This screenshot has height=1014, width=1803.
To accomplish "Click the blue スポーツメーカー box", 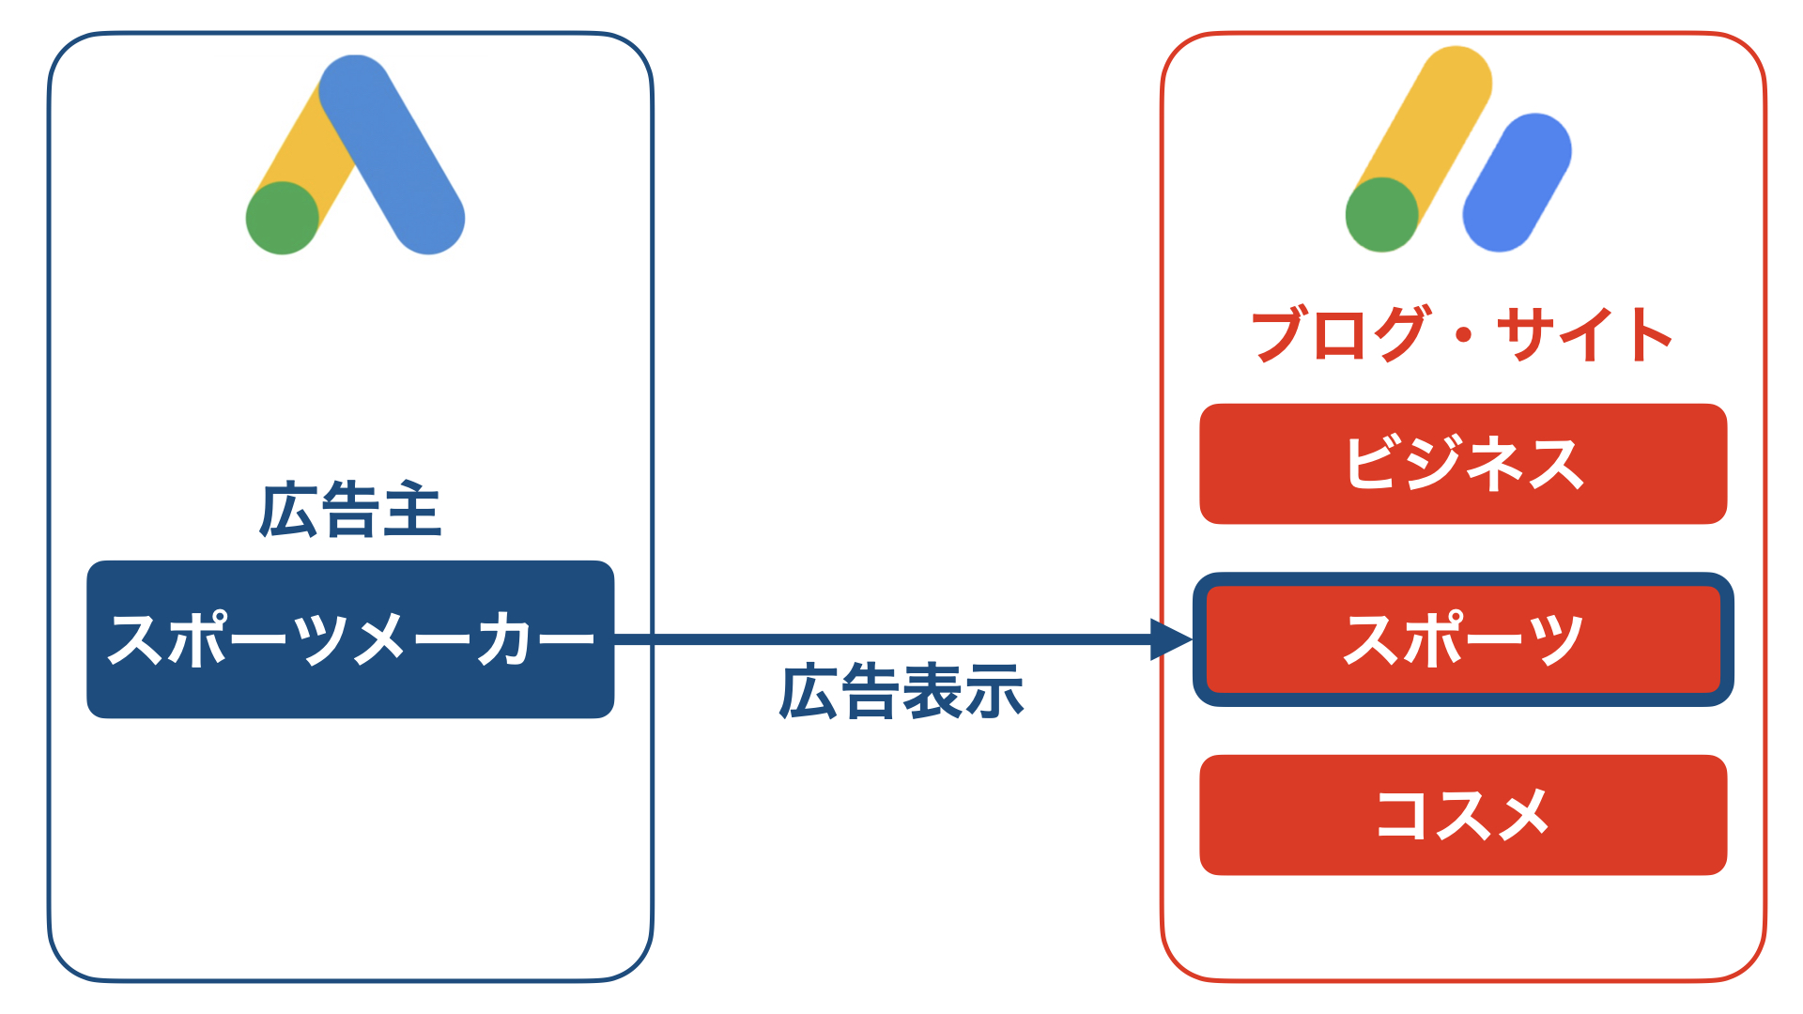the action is [x=350, y=639].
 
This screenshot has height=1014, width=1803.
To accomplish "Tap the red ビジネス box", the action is [x=1463, y=464].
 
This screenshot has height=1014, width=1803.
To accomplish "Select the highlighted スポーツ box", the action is [x=1463, y=639].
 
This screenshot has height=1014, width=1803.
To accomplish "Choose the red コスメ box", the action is [x=1463, y=815].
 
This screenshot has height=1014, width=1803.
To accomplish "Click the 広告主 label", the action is [x=350, y=511].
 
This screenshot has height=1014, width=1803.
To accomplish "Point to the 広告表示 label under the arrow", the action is [x=901, y=692].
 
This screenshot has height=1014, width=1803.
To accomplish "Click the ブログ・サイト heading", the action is [x=1462, y=334].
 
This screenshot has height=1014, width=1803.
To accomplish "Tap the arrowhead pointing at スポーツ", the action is [x=1172, y=639].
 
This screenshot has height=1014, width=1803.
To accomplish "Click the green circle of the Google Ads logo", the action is [x=283, y=218].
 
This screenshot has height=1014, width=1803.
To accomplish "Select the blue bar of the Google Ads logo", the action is [x=392, y=154].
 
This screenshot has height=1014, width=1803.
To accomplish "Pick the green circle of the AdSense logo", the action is [x=1381, y=215].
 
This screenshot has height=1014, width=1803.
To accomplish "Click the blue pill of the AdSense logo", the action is [x=1517, y=183].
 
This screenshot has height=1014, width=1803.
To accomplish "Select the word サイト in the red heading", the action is [x=1585, y=334].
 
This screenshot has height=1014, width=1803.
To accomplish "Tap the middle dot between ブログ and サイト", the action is [x=1463, y=335].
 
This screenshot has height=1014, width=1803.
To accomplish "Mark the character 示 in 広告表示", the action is [x=994, y=692].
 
